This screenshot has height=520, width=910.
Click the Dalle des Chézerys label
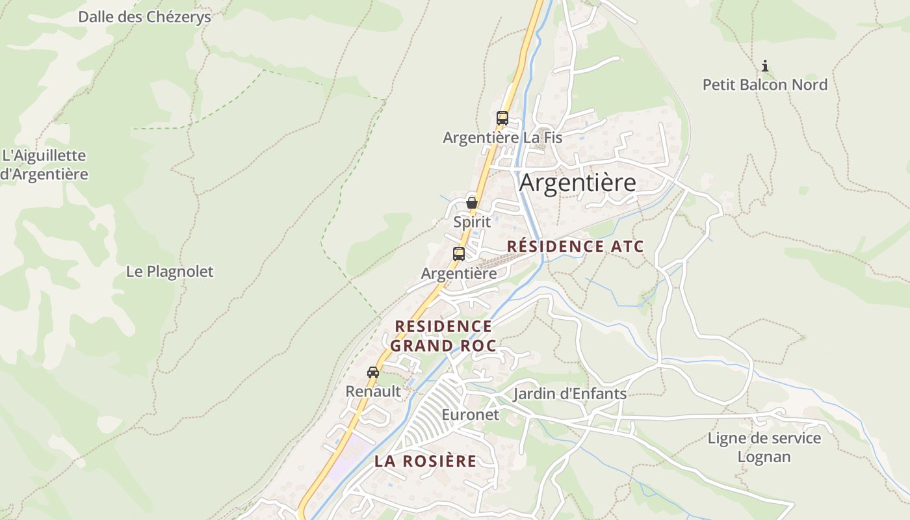tap(144, 17)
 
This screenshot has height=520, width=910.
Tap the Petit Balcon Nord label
tap(764, 84)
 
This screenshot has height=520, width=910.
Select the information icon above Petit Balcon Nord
tap(765, 66)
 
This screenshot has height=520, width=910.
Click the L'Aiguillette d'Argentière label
tap(44, 165)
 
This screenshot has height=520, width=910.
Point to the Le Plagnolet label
tap(170, 271)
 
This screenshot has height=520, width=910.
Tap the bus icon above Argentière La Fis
tap(502, 118)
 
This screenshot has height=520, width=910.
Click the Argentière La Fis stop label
tap(502, 138)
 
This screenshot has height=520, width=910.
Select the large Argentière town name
tap(577, 183)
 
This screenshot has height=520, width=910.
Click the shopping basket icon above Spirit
tap(472, 203)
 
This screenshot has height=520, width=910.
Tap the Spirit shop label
tap(472, 222)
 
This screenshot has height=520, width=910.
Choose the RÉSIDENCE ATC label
tap(575, 246)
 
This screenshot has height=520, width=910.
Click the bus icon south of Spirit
tap(459, 254)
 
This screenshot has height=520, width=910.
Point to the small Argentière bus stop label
tap(459, 274)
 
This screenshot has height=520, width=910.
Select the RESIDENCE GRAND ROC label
tap(444, 335)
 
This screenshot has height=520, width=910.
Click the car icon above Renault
tap(373, 372)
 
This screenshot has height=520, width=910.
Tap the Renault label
tap(373, 391)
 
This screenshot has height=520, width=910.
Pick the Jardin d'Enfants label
tap(569, 393)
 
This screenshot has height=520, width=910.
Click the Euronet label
tap(470, 414)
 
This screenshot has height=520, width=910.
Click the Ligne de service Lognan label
tap(764, 447)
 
